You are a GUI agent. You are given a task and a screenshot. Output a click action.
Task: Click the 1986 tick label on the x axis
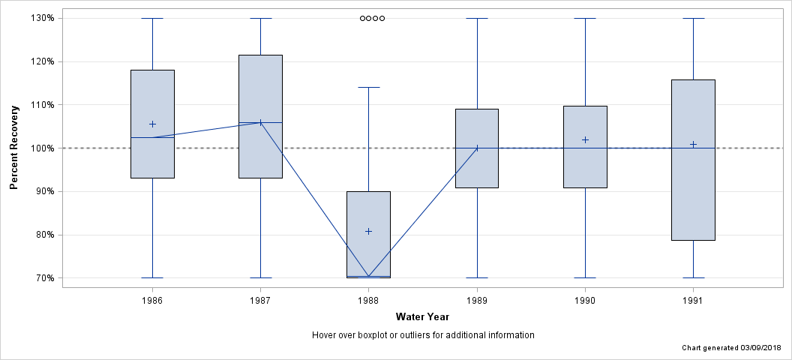point(152,300)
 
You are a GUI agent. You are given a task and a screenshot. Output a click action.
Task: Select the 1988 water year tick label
point(368,300)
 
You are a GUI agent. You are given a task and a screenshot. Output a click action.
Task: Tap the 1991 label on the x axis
point(693,300)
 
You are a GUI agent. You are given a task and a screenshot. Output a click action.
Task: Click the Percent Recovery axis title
point(14,148)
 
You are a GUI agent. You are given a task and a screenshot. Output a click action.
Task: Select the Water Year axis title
point(422,317)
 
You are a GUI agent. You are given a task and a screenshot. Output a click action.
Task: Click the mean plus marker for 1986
point(152,124)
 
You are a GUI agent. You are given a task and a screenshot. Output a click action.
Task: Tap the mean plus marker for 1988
point(368,231)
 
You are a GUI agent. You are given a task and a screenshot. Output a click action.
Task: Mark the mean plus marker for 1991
point(693,144)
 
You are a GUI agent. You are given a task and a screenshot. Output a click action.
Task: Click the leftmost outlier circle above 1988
point(362,18)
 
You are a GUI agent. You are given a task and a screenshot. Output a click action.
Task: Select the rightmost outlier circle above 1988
point(382,18)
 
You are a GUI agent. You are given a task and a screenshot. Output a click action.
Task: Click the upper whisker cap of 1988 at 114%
point(368,88)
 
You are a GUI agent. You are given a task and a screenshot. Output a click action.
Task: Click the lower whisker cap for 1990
point(585,277)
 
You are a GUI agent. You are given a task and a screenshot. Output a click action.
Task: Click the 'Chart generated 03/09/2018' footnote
point(731,349)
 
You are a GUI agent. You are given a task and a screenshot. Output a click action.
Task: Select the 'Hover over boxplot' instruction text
point(422,335)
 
